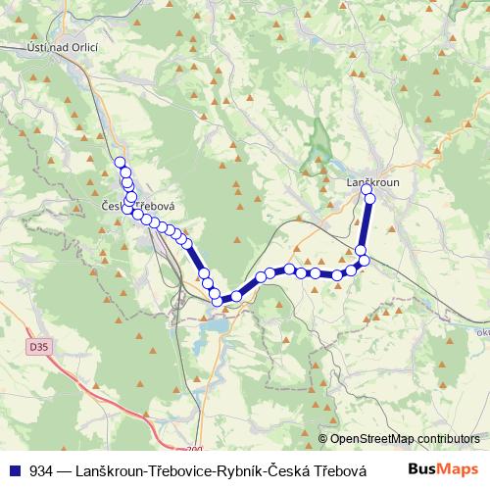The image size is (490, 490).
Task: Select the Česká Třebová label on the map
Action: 137,207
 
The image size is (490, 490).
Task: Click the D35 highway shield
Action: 38,347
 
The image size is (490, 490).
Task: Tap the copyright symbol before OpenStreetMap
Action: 323,439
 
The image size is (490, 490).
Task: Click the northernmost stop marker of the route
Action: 121,163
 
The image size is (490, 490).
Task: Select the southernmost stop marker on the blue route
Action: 218,301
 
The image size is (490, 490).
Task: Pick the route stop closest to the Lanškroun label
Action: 368,190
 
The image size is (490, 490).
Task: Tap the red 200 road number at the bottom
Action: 193,449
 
